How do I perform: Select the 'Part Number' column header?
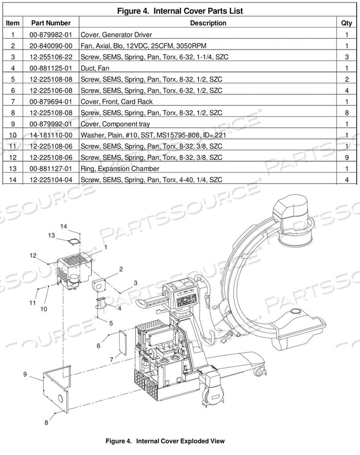(51, 23)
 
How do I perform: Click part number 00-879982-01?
(51, 35)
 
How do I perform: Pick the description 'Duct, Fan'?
(95, 68)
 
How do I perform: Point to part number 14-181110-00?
(51, 135)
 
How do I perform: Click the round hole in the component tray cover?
(60, 399)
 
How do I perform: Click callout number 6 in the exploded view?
(99, 346)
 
